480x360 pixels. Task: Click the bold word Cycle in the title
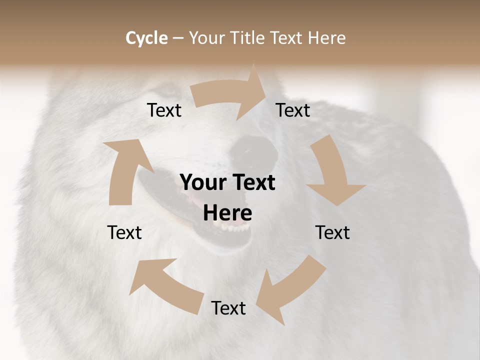(x=146, y=38)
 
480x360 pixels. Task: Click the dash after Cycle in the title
(x=178, y=38)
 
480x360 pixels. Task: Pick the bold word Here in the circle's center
(x=227, y=213)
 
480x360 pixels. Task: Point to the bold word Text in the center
(x=252, y=182)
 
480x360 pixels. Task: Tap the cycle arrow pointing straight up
(x=125, y=170)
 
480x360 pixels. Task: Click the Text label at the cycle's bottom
(x=228, y=308)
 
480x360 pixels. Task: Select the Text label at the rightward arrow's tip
(x=293, y=110)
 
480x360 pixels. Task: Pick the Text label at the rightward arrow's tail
(x=164, y=110)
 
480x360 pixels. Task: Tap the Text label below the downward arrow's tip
(x=332, y=232)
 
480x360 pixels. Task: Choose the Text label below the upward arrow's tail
(x=124, y=232)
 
